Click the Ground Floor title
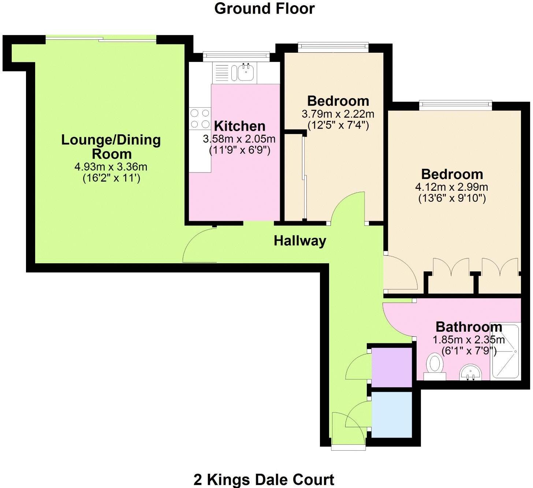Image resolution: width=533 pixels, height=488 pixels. point(264,9)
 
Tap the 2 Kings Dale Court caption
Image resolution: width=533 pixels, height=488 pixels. point(264,479)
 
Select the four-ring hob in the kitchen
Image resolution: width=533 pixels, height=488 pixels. point(200,119)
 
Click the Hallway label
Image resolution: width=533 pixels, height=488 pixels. point(300,241)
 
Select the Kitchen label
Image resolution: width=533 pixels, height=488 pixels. point(240,126)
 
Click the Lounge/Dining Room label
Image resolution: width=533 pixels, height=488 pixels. point(111,146)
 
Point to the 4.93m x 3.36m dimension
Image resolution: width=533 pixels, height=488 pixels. point(111,167)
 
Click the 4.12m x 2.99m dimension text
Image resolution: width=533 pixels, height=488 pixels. point(451,187)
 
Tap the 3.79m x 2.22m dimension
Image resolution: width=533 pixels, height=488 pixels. point(338,114)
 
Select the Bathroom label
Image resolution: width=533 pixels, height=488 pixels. point(469,327)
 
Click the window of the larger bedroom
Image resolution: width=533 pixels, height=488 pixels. point(455,105)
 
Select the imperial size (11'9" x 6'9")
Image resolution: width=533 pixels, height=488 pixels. point(239,150)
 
